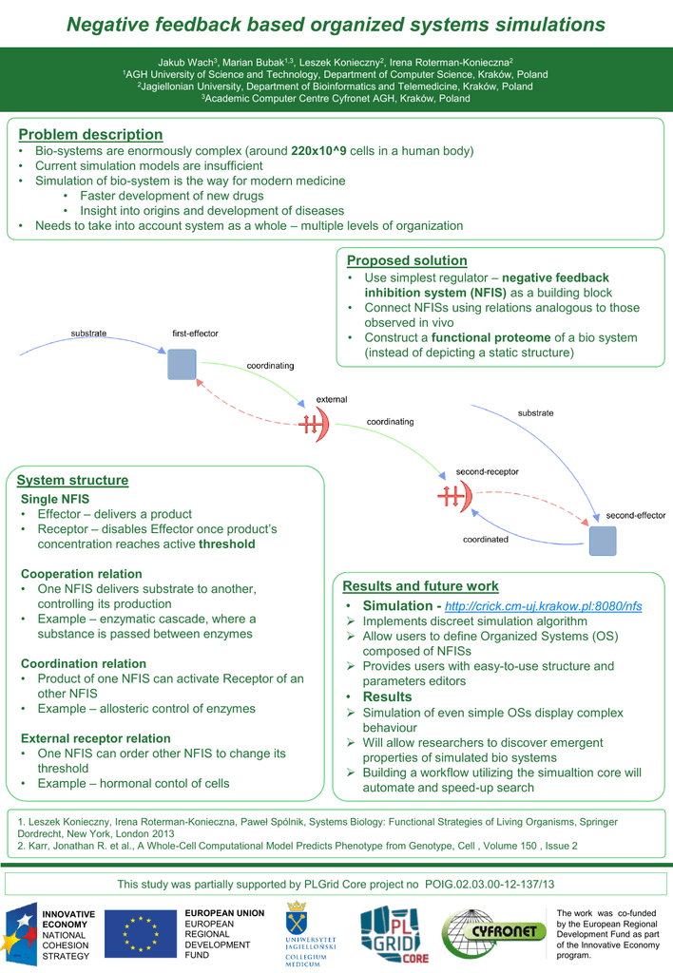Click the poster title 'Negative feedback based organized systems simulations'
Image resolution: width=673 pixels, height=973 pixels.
336,24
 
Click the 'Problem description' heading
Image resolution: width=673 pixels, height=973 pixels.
90,135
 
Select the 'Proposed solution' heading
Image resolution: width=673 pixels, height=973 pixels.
407,260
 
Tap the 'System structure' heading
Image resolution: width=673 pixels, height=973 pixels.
72,480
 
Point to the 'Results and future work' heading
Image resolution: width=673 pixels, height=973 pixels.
420,585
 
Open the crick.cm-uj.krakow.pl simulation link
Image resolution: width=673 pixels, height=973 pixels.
529,606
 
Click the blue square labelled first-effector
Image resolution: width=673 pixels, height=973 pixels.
182,365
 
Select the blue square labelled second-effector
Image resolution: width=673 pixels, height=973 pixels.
602,540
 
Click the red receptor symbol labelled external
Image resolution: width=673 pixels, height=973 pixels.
314,425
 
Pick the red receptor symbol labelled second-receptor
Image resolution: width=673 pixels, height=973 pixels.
452,495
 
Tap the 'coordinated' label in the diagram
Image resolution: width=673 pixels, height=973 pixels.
485,539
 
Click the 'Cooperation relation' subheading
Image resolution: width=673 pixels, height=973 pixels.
82,574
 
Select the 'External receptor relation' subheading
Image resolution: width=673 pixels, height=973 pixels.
96,738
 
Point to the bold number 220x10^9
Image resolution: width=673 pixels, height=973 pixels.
318,151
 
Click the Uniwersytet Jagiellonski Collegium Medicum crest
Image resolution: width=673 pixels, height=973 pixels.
305,933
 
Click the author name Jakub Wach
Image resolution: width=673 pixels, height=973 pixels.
184,62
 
